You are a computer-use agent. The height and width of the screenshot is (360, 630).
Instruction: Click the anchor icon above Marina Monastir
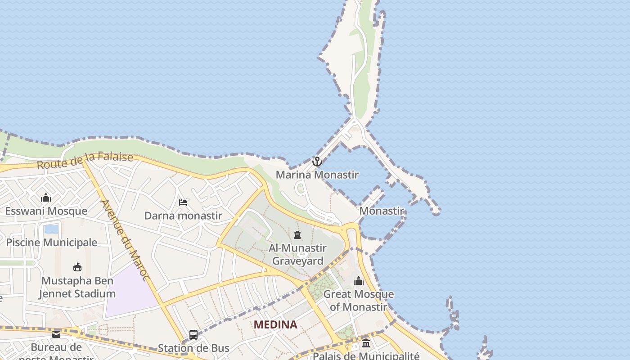(x=317, y=161)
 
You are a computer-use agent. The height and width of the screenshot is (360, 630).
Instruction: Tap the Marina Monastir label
(x=317, y=175)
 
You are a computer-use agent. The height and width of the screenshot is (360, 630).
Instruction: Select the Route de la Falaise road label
(x=85, y=161)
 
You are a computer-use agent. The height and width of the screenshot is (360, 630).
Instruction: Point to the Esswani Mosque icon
(x=46, y=198)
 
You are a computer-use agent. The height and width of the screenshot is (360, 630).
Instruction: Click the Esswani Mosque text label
(x=46, y=211)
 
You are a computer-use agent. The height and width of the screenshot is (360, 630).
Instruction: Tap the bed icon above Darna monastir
(x=183, y=202)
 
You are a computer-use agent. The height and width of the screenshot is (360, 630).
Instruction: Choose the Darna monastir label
(x=183, y=216)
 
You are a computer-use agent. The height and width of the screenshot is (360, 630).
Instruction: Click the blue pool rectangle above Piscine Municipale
(x=51, y=229)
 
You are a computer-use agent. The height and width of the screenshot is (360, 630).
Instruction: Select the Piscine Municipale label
(x=52, y=243)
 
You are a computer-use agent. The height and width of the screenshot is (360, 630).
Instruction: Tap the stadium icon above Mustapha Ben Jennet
(x=77, y=267)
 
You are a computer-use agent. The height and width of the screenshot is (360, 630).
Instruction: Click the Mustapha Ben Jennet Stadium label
(x=77, y=288)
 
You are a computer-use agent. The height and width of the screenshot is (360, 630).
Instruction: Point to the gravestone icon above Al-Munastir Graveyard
(x=297, y=234)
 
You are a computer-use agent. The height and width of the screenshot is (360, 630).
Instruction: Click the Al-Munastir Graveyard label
(x=297, y=254)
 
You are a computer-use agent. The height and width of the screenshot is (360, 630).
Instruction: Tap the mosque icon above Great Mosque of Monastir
(x=359, y=281)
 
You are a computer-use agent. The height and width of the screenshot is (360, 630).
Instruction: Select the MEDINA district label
(x=275, y=324)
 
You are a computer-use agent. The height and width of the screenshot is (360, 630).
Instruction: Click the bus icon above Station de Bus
(x=193, y=334)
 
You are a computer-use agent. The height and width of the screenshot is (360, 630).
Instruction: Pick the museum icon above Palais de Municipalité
(x=366, y=343)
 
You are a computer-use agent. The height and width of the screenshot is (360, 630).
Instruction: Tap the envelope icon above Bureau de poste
(x=56, y=334)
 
